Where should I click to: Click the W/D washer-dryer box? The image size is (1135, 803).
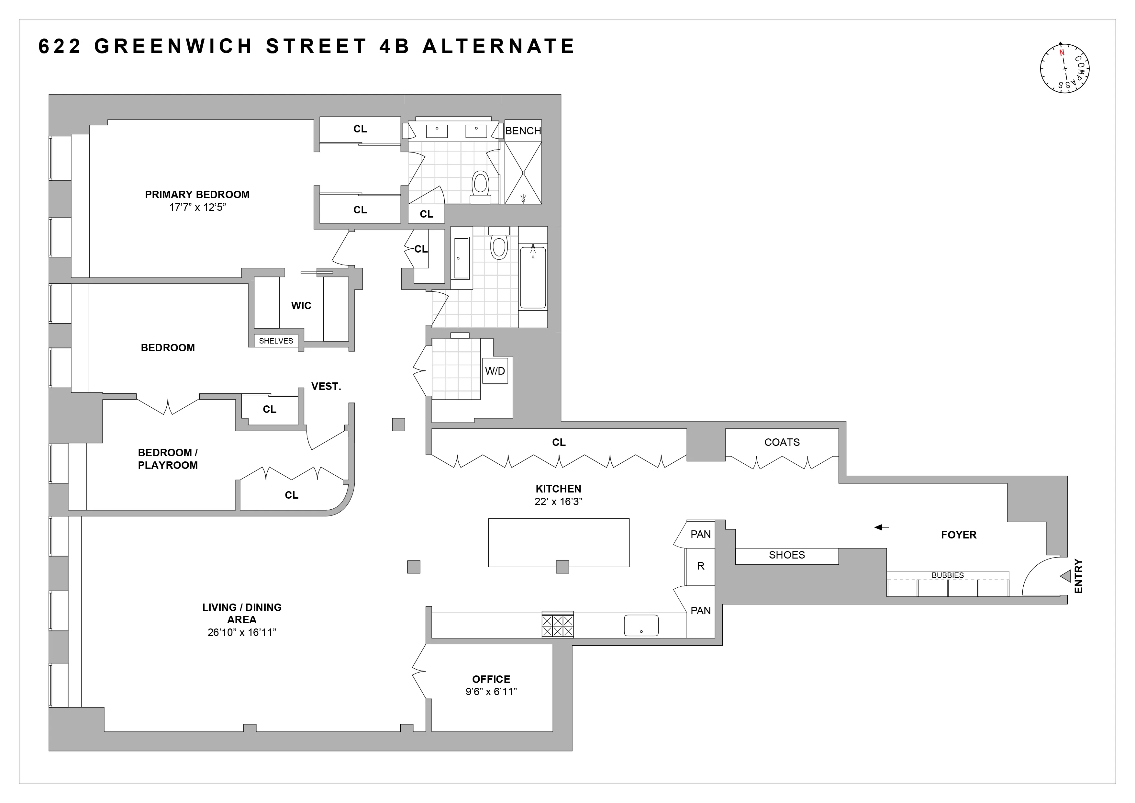coord(495,371)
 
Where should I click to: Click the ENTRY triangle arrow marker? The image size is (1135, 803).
coord(1066,576)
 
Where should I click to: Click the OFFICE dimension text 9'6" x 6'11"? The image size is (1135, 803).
coord(491,692)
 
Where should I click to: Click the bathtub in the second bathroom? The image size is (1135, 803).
coord(533,277)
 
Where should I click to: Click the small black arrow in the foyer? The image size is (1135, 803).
coord(881,527)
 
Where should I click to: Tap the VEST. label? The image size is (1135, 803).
coord(326,387)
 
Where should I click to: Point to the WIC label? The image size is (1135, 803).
coord(301,306)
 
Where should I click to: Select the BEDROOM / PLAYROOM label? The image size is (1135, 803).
coord(168,459)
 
